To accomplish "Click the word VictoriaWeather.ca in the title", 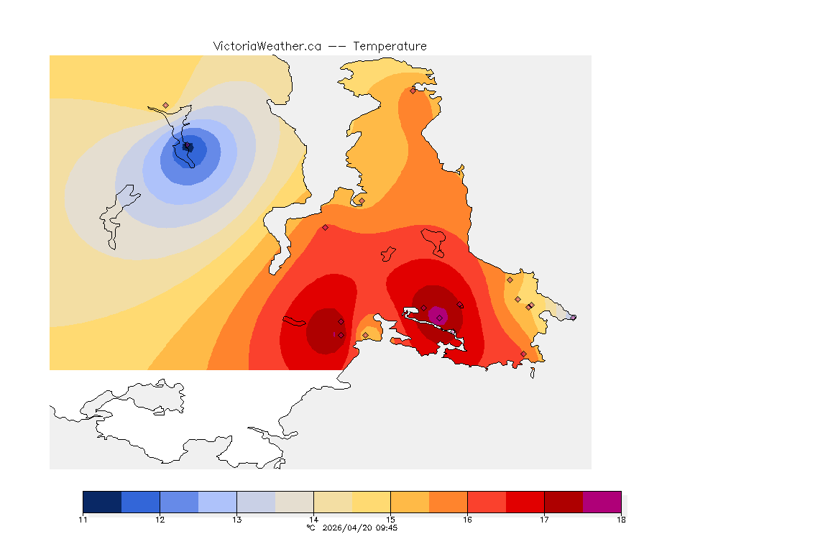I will point(267,46).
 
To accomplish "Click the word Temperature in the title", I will point(390,46).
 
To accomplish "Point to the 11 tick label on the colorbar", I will point(83,519).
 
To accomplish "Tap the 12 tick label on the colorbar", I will point(160,519).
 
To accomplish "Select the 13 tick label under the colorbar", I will point(236,519).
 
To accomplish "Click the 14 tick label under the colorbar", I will point(313,519).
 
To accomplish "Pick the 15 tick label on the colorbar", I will point(390,519).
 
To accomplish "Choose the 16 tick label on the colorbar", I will point(467,519).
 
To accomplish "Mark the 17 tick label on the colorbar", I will point(544,519).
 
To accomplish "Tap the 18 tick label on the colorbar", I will point(620,519).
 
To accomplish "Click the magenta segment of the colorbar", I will point(602,502).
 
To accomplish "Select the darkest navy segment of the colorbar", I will point(102,502).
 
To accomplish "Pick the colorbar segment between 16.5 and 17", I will point(525,502).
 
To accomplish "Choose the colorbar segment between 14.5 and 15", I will point(371,502).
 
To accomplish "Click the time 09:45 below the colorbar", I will point(387,528).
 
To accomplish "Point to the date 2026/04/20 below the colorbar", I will point(348,528).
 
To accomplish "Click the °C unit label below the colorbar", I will point(310,528).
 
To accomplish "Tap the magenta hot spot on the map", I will point(438,315).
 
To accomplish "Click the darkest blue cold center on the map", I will point(188,147).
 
